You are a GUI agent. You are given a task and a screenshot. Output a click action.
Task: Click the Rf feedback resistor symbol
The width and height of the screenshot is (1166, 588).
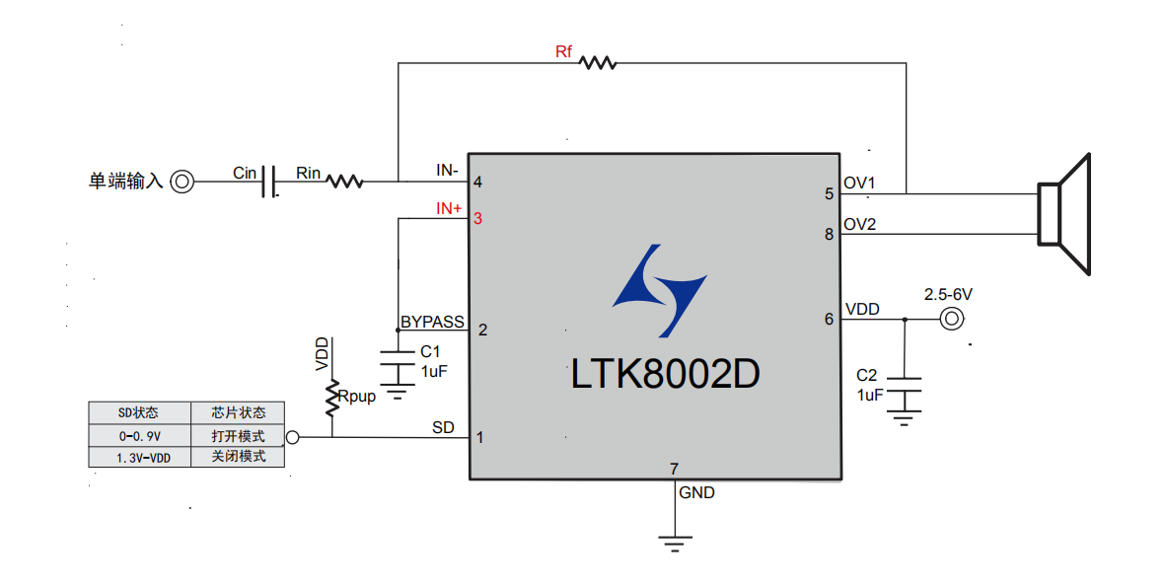tap(598, 63)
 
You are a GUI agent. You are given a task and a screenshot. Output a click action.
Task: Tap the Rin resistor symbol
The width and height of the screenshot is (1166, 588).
tap(344, 182)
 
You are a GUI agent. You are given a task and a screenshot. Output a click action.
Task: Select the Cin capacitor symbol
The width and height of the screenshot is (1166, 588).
tap(268, 182)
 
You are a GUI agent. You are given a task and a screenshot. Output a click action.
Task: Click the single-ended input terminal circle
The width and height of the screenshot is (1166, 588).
tap(182, 182)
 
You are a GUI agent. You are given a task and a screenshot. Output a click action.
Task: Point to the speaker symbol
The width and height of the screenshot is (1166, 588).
tap(1062, 213)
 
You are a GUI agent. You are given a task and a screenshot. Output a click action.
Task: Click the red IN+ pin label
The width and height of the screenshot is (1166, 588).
tap(449, 209)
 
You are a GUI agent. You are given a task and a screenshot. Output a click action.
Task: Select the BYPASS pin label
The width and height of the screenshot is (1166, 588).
tap(432, 323)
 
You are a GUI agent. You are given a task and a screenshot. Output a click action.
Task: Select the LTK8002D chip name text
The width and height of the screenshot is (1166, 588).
tap(666, 374)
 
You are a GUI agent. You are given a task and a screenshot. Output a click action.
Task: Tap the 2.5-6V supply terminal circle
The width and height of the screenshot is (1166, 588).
tap(951, 319)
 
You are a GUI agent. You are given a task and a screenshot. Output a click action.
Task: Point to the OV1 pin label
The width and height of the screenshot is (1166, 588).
tap(860, 184)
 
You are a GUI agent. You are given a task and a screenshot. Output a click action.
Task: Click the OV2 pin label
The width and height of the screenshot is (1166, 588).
tap(860, 225)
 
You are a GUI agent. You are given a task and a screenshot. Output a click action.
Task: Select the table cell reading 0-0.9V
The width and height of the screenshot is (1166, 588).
tap(139, 435)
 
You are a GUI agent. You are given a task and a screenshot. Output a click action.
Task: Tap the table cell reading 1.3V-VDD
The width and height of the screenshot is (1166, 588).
tap(139, 458)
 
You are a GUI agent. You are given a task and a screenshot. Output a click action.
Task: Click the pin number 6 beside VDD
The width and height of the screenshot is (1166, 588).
tap(829, 319)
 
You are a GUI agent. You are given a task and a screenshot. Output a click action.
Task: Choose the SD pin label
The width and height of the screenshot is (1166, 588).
tap(444, 428)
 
